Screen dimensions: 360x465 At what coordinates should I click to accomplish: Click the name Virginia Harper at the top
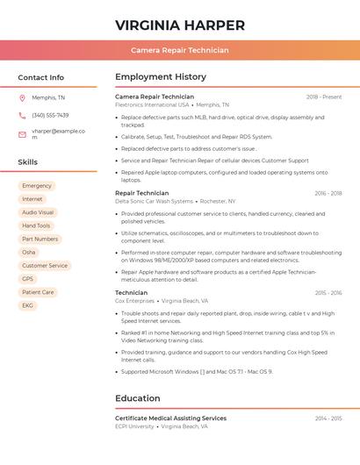[179, 25]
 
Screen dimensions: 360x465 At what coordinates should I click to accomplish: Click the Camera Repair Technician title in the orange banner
[179, 50]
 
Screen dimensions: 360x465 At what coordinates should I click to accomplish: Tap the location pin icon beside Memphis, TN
[22, 97]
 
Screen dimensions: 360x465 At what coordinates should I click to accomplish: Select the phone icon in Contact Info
[22, 115]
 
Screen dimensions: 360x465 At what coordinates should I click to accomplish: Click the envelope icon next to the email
[22, 134]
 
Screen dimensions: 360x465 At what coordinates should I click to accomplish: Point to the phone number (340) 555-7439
[50, 115]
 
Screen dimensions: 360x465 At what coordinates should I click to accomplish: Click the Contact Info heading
[40, 77]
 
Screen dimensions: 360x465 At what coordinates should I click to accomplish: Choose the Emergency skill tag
[37, 186]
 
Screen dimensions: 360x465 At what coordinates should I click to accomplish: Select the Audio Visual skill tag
[38, 212]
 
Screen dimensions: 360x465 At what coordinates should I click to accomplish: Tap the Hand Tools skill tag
[36, 225]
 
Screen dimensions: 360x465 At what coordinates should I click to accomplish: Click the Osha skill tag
[29, 252]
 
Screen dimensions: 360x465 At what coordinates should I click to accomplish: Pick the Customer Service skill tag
[45, 265]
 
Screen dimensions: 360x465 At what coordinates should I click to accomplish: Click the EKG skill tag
[28, 305]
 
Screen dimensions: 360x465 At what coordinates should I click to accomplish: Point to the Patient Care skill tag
[38, 292]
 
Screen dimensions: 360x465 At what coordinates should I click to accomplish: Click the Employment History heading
[161, 77]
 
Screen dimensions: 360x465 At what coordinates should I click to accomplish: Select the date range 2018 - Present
[324, 97]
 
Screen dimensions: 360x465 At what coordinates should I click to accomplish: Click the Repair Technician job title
[141, 193]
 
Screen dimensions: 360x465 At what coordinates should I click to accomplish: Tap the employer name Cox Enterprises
[133, 300]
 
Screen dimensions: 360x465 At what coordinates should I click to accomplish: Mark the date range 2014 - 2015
[328, 418]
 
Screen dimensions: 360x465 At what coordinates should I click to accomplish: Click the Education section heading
[137, 398]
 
